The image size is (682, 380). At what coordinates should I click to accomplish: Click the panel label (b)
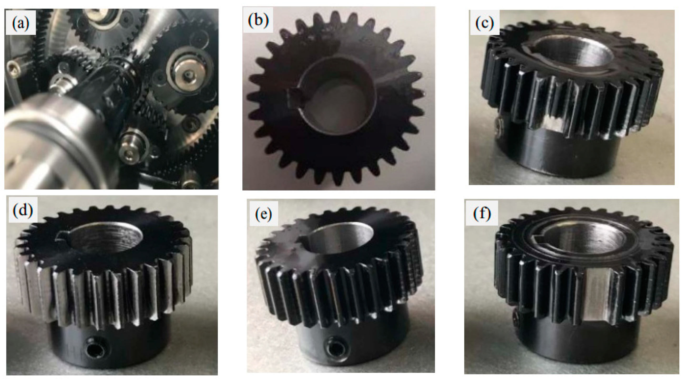click(258, 21)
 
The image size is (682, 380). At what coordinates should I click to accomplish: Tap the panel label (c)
click(484, 23)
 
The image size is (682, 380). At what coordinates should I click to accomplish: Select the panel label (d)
click(23, 211)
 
